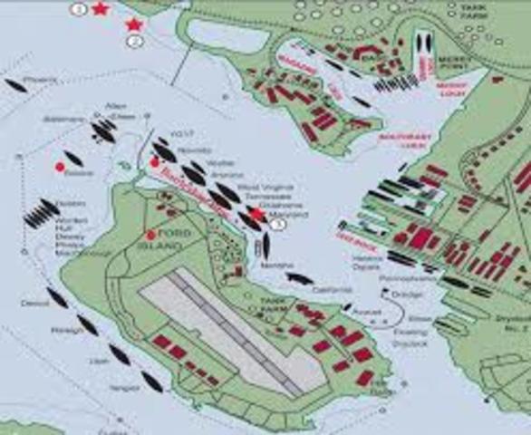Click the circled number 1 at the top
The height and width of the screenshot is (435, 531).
80,9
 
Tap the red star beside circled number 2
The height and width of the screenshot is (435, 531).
135,24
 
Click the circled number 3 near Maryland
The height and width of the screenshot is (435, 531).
278,222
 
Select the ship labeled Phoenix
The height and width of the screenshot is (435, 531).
15,87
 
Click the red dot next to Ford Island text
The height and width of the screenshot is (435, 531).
150,236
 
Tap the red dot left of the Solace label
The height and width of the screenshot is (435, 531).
60,167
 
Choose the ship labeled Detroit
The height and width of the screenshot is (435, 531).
56,297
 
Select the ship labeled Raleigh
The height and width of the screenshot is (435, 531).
87,324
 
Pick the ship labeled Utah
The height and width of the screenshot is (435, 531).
119,353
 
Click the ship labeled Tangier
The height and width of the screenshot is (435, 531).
151,382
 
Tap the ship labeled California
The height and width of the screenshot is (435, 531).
298,278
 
